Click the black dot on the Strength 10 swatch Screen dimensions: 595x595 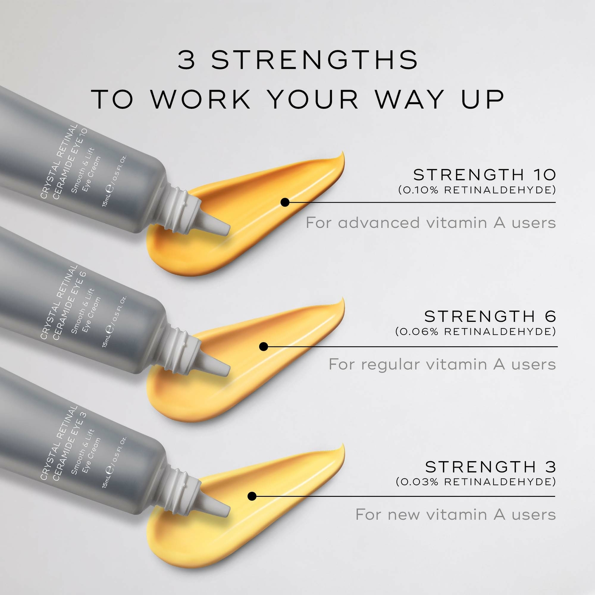coord(285,202)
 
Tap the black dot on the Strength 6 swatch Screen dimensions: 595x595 coord(263,346)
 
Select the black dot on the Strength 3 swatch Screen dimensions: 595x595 coord(252,496)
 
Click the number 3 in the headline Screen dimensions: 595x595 coord(187,60)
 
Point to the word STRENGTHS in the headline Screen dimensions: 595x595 coord(314,60)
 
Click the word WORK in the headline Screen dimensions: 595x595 coord(201,99)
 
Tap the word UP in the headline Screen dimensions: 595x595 coord(482,99)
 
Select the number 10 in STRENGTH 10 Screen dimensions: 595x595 coord(545,175)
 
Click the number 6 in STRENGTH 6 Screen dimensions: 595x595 coord(550,317)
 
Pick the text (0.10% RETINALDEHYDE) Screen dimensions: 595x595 coord(477,190)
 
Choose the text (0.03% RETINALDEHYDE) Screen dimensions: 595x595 coord(476,482)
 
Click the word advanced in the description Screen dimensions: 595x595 coord(379,223)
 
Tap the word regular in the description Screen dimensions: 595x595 coord(391,365)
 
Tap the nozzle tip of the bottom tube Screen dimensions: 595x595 coord(227,510)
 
